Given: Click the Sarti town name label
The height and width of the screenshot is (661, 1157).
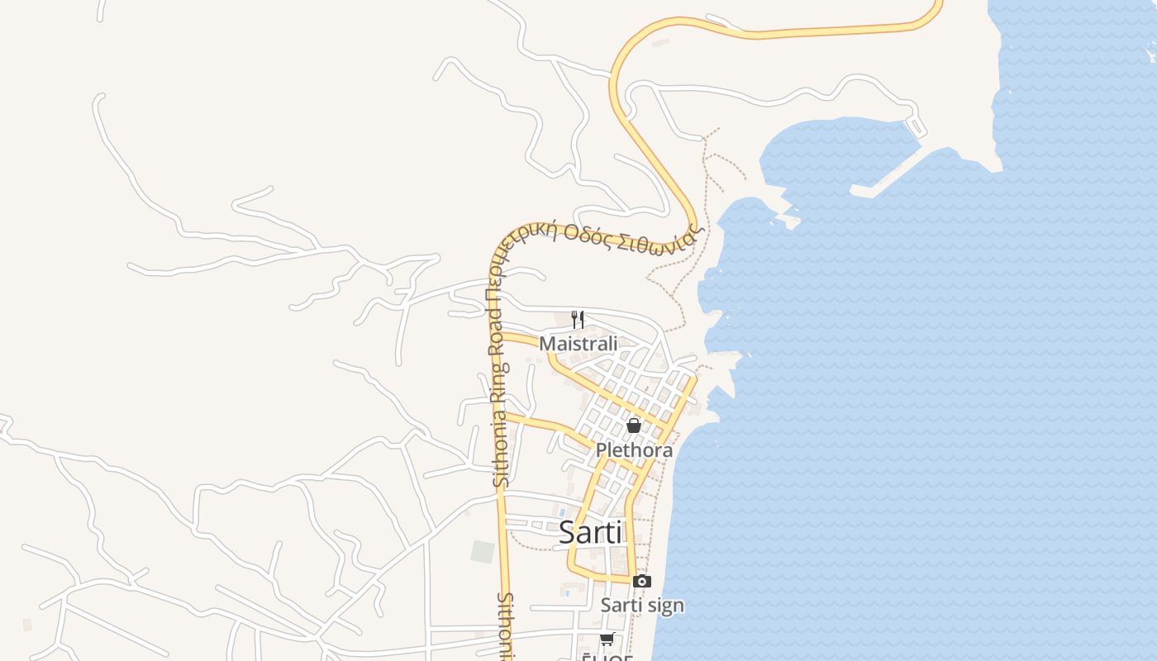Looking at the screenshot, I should coord(590,532).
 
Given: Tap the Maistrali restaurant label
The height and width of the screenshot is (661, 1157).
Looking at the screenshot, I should coord(578,343).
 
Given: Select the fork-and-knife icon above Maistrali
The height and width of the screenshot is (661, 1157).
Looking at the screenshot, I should coord(578,320).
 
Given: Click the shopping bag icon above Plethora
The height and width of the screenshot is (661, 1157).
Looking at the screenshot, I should coord(634,426).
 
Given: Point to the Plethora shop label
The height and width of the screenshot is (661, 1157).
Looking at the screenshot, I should coord(634,450).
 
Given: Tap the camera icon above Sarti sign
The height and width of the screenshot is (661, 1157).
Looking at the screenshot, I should coord(641,582).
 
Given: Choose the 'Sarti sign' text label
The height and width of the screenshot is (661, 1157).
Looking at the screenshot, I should coord(642,605).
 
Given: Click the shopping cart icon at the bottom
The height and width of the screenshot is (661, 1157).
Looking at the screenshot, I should coord(607,640).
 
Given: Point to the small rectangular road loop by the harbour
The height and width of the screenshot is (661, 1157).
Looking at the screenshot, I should coord(917,127).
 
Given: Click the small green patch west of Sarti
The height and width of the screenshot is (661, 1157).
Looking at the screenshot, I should coord(483,551).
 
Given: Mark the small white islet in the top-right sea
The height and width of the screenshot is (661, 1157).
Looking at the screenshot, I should coord(1151,55).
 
